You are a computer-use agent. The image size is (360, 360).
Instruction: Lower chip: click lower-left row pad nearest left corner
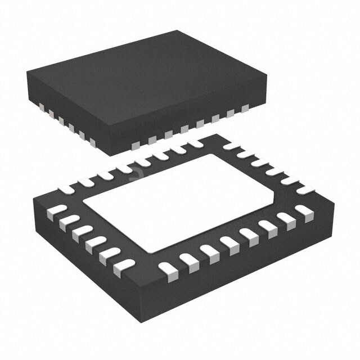click(x=53, y=211)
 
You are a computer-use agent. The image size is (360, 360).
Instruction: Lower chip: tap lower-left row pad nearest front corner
click(x=125, y=264)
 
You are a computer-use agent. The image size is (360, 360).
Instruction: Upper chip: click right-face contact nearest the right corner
click(x=245, y=107)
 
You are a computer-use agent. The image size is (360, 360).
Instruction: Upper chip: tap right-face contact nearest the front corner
click(x=135, y=146)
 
